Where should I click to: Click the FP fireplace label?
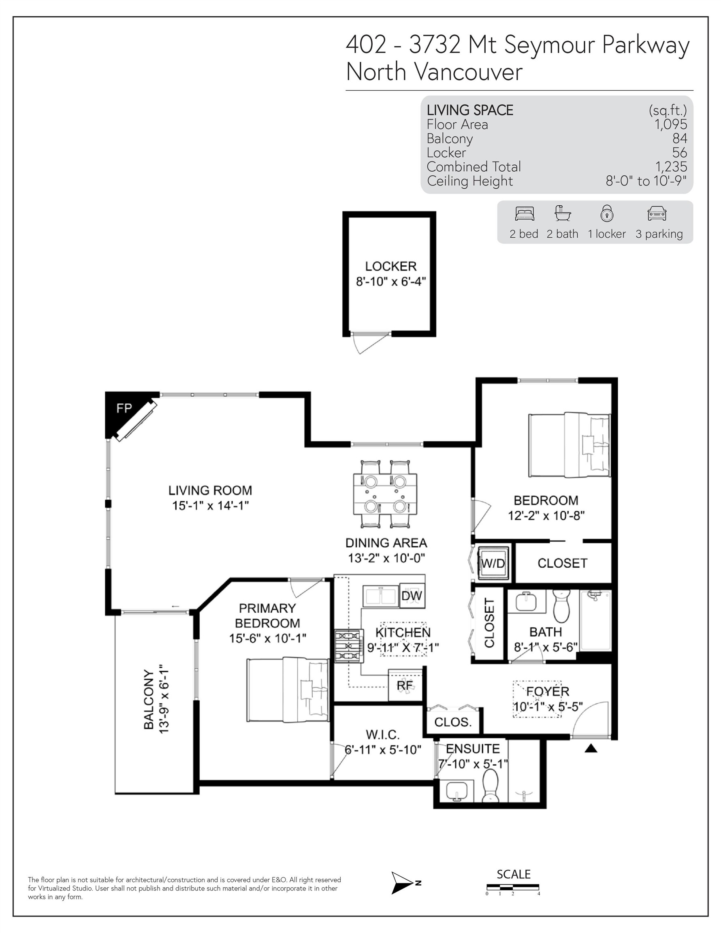(124, 409)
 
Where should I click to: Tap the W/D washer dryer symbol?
(493, 563)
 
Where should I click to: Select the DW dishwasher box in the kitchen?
(412, 595)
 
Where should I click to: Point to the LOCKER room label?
(390, 266)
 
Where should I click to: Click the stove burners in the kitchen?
(348, 646)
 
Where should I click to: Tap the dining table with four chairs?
(385, 494)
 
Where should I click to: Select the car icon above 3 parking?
(657, 213)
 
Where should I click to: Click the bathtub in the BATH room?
(595, 620)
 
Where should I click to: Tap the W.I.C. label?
(382, 735)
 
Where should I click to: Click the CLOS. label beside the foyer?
(453, 722)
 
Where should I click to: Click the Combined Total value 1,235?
(671, 166)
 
